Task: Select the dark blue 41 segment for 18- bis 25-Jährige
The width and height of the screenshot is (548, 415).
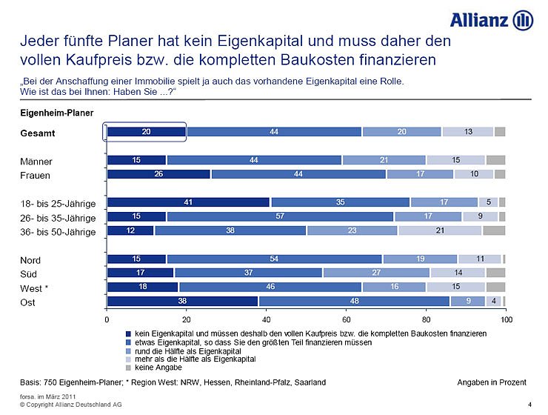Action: point(189,202)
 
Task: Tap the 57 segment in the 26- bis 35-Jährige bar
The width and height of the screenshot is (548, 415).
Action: point(280,216)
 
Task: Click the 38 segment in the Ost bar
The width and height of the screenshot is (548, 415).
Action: point(182,302)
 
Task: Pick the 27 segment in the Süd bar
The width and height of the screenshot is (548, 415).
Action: point(375,273)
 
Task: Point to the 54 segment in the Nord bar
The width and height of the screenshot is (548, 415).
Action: point(275,259)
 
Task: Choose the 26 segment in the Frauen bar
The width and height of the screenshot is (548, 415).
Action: point(158,174)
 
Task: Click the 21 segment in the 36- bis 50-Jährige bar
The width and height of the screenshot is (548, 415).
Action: point(440,230)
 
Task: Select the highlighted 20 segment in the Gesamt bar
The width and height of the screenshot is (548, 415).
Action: point(147,131)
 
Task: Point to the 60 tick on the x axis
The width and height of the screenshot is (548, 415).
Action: point(347,319)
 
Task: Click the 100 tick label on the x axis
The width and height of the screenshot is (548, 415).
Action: point(507,319)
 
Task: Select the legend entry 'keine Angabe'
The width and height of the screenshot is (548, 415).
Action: point(159,367)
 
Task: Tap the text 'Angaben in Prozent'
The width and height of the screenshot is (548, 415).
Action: point(492,382)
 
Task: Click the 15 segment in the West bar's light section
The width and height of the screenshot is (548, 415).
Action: point(455,287)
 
